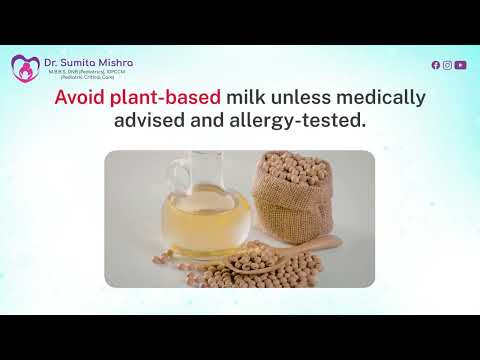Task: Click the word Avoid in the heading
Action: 79,100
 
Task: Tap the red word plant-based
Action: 161,100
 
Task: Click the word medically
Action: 385,100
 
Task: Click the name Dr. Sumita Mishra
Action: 88,62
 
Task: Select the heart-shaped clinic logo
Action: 25,68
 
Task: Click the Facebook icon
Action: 435,65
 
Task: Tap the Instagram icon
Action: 447,65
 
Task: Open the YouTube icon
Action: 460,65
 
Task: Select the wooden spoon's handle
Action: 322,243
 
